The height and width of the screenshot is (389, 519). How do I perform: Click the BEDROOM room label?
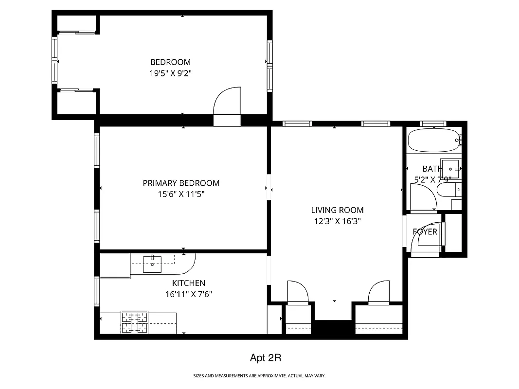170,62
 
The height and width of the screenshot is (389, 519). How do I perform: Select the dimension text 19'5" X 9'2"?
170,73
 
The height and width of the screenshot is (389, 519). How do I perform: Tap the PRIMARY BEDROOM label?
181,183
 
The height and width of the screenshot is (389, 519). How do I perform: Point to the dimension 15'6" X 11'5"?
181,194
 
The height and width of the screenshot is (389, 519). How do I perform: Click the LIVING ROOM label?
337,210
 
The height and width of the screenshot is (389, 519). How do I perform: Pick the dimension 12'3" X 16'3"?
337,221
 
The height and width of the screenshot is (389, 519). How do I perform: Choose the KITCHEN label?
188,283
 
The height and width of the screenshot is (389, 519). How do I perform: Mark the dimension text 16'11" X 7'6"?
188,294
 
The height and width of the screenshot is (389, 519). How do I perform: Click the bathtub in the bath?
433,141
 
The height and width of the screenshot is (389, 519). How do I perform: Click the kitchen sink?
153,264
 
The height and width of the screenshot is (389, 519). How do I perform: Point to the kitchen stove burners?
134,322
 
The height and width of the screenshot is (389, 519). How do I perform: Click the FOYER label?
425,232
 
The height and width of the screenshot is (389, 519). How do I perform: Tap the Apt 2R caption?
266,358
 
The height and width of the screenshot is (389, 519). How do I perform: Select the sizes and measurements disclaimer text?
259,376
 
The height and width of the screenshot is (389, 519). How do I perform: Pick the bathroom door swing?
422,197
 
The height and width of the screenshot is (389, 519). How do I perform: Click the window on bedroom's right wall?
269,66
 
